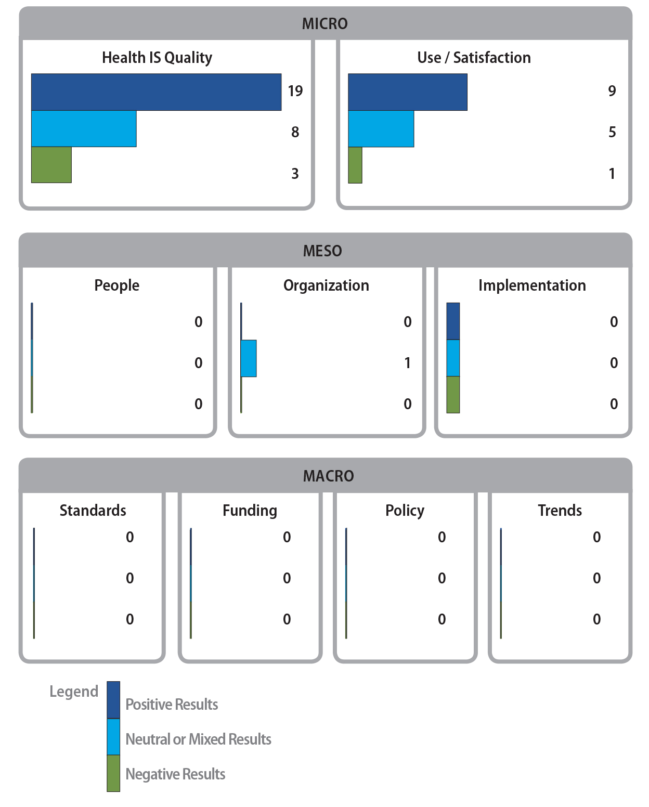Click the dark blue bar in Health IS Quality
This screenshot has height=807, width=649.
point(156,92)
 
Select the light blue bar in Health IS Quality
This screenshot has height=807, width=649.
point(84,128)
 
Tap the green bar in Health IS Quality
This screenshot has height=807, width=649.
point(51,165)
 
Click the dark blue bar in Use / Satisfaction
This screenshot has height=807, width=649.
point(407,92)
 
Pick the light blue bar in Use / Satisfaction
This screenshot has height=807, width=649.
point(381,128)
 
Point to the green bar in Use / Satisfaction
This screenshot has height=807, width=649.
point(355,165)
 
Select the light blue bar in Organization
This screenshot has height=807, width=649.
point(249,358)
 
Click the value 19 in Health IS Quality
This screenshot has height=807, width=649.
point(295,91)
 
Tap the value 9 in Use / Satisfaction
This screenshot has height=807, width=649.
point(612,91)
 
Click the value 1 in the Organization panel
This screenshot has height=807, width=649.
point(408,363)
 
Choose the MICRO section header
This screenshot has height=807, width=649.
point(325,24)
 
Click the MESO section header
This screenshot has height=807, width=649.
point(322,251)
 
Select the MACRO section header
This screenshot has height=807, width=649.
point(328,476)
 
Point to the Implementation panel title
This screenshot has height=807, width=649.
point(532,285)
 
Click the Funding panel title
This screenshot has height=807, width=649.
point(250,511)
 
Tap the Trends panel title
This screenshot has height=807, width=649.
point(560,511)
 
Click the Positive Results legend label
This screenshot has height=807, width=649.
point(172,705)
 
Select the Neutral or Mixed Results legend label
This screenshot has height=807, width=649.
point(198,739)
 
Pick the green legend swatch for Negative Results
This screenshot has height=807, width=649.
point(113,773)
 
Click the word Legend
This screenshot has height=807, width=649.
point(74,692)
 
